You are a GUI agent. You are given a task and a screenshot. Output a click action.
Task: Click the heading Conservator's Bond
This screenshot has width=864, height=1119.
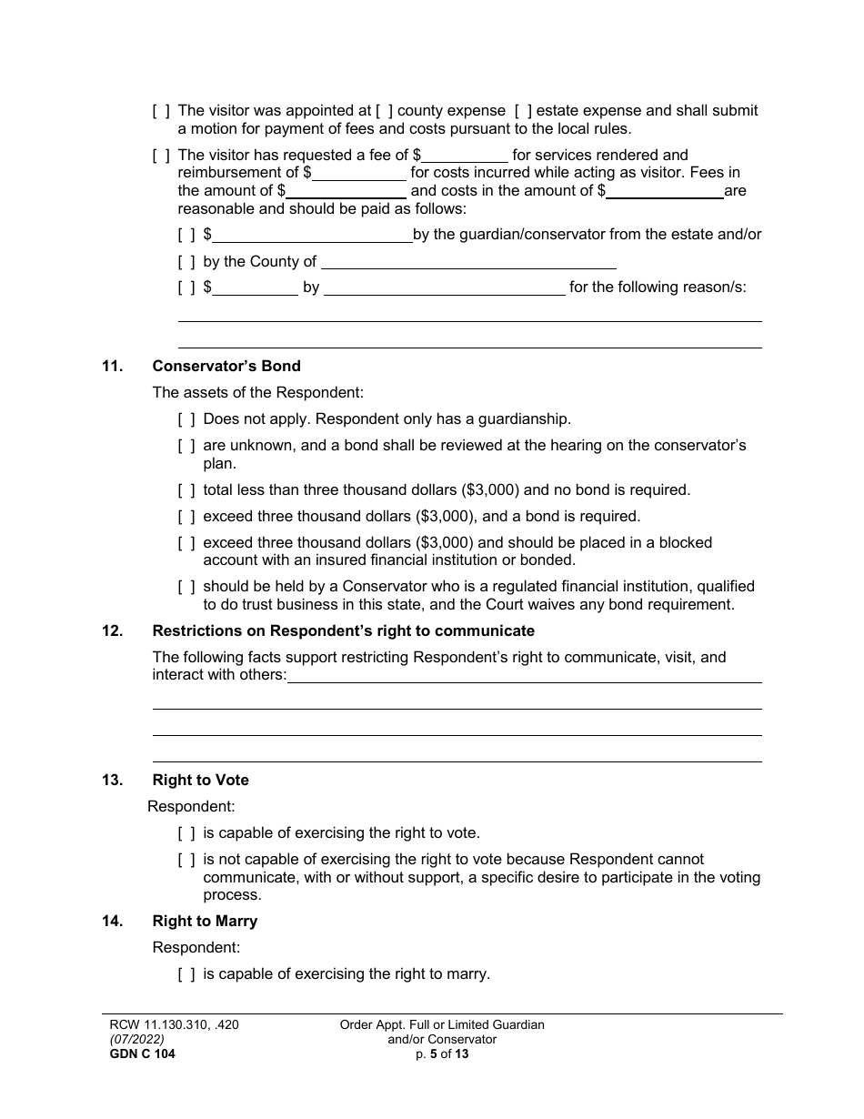pyautogui.click(x=226, y=367)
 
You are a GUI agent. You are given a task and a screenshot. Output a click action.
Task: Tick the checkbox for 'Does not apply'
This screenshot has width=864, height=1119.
pyautogui.click(x=186, y=419)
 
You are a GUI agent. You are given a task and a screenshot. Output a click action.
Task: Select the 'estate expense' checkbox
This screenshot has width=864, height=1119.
pyautogui.click(x=523, y=111)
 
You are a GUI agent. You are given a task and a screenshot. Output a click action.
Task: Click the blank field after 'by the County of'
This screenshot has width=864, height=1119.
pyautogui.click(x=468, y=262)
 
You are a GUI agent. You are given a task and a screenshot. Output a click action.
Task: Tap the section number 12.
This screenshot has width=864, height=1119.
pyautogui.click(x=112, y=631)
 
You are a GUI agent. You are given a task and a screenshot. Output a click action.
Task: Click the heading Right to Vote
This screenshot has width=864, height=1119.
pyautogui.click(x=200, y=781)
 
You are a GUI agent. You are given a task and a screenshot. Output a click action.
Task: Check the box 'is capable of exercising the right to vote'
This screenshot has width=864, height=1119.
pyautogui.click(x=186, y=833)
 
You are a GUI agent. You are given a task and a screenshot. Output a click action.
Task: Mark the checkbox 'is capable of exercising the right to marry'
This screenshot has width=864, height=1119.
pyautogui.click(x=186, y=974)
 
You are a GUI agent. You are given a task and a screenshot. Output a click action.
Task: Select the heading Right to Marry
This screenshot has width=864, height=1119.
pyautogui.click(x=205, y=922)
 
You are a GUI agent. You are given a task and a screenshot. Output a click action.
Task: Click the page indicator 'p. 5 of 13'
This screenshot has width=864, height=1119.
pyautogui.click(x=441, y=1055)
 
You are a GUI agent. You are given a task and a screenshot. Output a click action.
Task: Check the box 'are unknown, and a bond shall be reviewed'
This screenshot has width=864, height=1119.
pyautogui.click(x=186, y=446)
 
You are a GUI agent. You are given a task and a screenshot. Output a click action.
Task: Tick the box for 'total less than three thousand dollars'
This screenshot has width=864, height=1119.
pyautogui.click(x=186, y=490)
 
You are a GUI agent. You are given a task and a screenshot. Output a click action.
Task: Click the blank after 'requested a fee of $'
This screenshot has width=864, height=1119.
pyautogui.click(x=465, y=156)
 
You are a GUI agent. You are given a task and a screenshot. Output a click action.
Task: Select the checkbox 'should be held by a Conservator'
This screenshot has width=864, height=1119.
pyautogui.click(x=186, y=588)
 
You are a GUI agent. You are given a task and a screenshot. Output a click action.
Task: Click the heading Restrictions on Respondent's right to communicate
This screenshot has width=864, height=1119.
pyautogui.click(x=343, y=631)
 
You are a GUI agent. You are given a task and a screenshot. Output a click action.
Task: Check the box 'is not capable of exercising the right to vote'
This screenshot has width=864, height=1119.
pyautogui.click(x=186, y=860)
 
